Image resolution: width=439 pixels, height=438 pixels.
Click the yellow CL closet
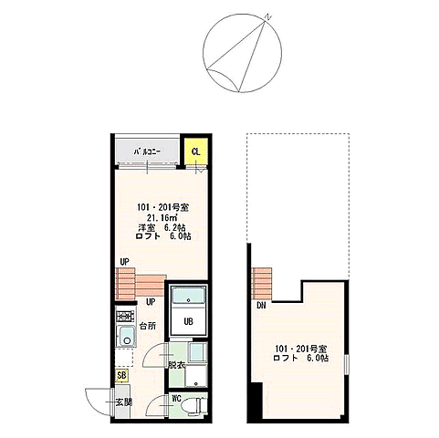196,151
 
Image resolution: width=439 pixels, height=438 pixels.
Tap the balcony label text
148,151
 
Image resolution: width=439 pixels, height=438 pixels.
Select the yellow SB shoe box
121,375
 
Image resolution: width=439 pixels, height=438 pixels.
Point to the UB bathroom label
188,321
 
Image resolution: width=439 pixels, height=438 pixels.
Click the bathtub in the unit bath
188,296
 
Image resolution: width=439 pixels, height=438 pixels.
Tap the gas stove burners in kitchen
125,316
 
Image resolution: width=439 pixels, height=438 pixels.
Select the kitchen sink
126,336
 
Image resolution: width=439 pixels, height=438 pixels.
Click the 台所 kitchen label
148,326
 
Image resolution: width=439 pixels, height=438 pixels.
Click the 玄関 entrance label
124,402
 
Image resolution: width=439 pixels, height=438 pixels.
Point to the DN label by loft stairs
261,306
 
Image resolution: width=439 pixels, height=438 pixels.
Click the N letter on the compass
267,17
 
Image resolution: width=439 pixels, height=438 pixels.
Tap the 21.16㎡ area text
161,217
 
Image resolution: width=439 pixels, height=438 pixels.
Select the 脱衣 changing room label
177,365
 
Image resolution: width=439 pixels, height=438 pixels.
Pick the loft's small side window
347,364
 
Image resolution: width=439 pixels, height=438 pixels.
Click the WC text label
177,398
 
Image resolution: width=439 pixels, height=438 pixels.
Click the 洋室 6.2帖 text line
162,227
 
